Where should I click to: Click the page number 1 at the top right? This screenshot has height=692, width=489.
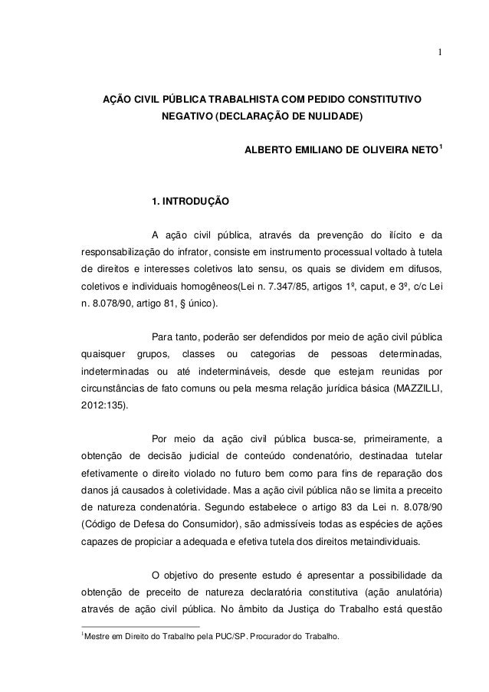click(439, 52)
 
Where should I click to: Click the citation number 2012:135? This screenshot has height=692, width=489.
click(105, 408)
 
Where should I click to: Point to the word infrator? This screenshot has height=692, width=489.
click(192, 251)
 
